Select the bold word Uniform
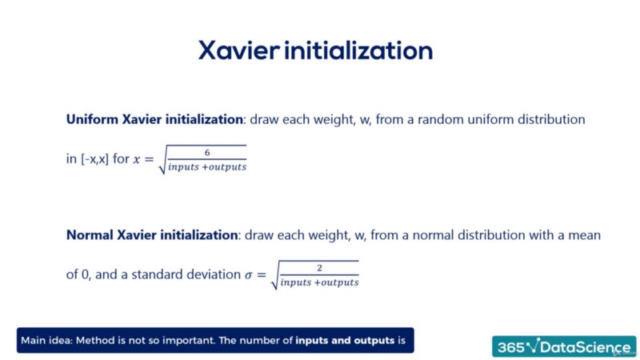pos(90,119)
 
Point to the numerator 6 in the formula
pos(207,151)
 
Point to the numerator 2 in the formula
pos(319,267)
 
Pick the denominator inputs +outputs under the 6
pos(207,166)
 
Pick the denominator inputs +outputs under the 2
pos(319,282)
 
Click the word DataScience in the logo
pos(588,346)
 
